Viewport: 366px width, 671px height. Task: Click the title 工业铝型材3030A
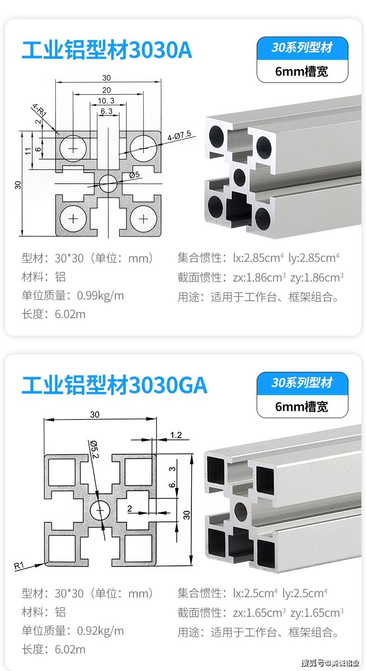click(x=107, y=50)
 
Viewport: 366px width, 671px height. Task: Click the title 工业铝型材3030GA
click(x=114, y=385)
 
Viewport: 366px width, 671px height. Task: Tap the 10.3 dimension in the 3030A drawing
click(x=106, y=100)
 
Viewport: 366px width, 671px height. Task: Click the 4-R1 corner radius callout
click(x=39, y=111)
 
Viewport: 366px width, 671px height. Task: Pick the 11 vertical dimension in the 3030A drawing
click(x=28, y=151)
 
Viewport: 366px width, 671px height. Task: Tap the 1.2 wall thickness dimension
click(x=176, y=435)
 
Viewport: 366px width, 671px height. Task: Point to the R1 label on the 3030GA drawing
click(x=19, y=565)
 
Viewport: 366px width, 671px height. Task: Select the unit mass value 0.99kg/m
click(x=101, y=295)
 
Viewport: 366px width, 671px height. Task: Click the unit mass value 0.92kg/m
click(x=101, y=631)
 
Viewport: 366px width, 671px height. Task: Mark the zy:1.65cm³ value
click(x=317, y=613)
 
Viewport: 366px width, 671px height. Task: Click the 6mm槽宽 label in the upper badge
click(x=302, y=71)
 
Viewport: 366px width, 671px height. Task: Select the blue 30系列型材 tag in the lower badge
click(x=302, y=383)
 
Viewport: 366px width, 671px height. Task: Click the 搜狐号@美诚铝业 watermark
click(x=330, y=663)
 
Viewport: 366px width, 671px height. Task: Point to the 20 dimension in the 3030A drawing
click(x=107, y=90)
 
